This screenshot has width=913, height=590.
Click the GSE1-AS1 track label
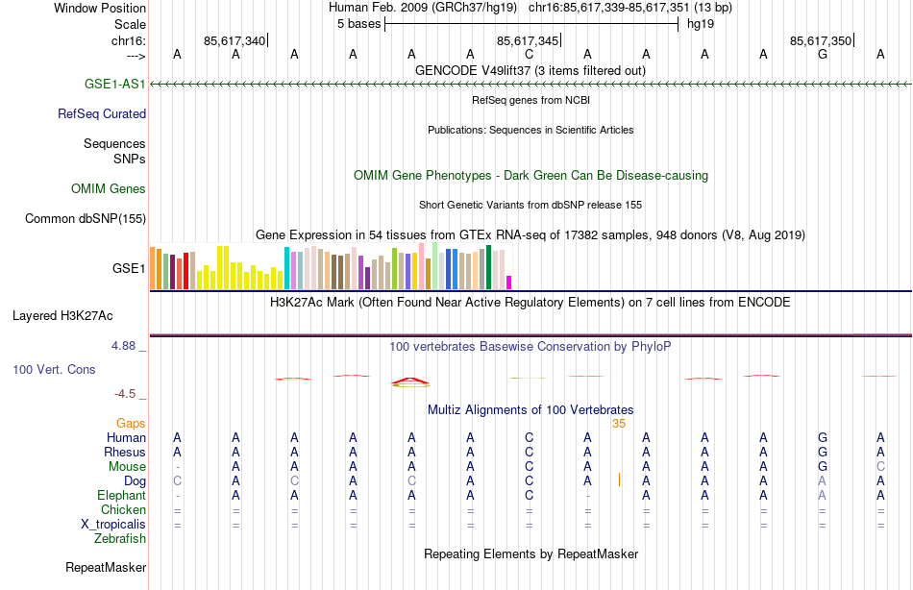point(114,84)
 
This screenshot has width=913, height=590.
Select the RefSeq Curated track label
point(102,113)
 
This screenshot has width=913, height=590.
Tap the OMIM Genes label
point(108,188)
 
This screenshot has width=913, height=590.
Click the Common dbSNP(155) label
point(85,218)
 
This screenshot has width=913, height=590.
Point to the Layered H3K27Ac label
point(62,314)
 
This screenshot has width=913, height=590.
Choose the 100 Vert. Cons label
point(54,369)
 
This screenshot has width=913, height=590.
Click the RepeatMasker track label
point(105,567)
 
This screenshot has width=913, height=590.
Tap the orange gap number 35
point(618,423)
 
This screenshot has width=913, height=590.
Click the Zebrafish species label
point(120,538)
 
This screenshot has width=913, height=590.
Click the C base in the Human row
point(529,437)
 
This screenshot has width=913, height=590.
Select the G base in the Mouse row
point(822,466)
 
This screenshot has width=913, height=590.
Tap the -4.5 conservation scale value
point(127,393)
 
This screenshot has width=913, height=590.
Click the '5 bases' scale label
point(358,23)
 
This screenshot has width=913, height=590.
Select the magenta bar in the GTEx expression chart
point(509,282)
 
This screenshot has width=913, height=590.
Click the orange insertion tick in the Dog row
point(619,479)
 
